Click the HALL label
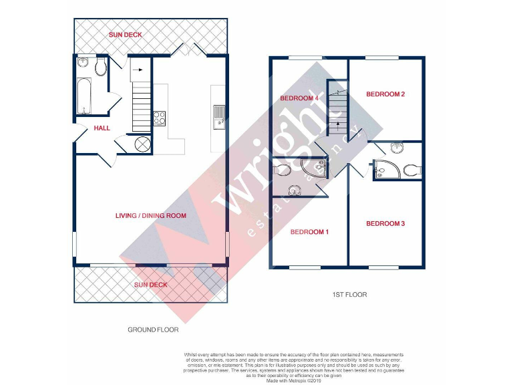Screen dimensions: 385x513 [x=102, y=128]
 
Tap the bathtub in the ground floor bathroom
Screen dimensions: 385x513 [x=83, y=95]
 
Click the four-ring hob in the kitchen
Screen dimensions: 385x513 [x=160, y=118]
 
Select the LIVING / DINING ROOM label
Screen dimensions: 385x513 [x=150, y=216]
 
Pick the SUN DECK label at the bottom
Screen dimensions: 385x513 [x=150, y=285]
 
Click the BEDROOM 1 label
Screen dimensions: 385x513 [x=309, y=232]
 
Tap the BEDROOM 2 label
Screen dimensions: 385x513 [x=385, y=94]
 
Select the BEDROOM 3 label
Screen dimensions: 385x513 [x=385, y=223]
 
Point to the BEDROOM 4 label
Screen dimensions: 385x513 [x=299, y=99]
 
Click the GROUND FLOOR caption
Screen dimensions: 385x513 [x=153, y=330]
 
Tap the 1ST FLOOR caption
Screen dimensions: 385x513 [x=349, y=294]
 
